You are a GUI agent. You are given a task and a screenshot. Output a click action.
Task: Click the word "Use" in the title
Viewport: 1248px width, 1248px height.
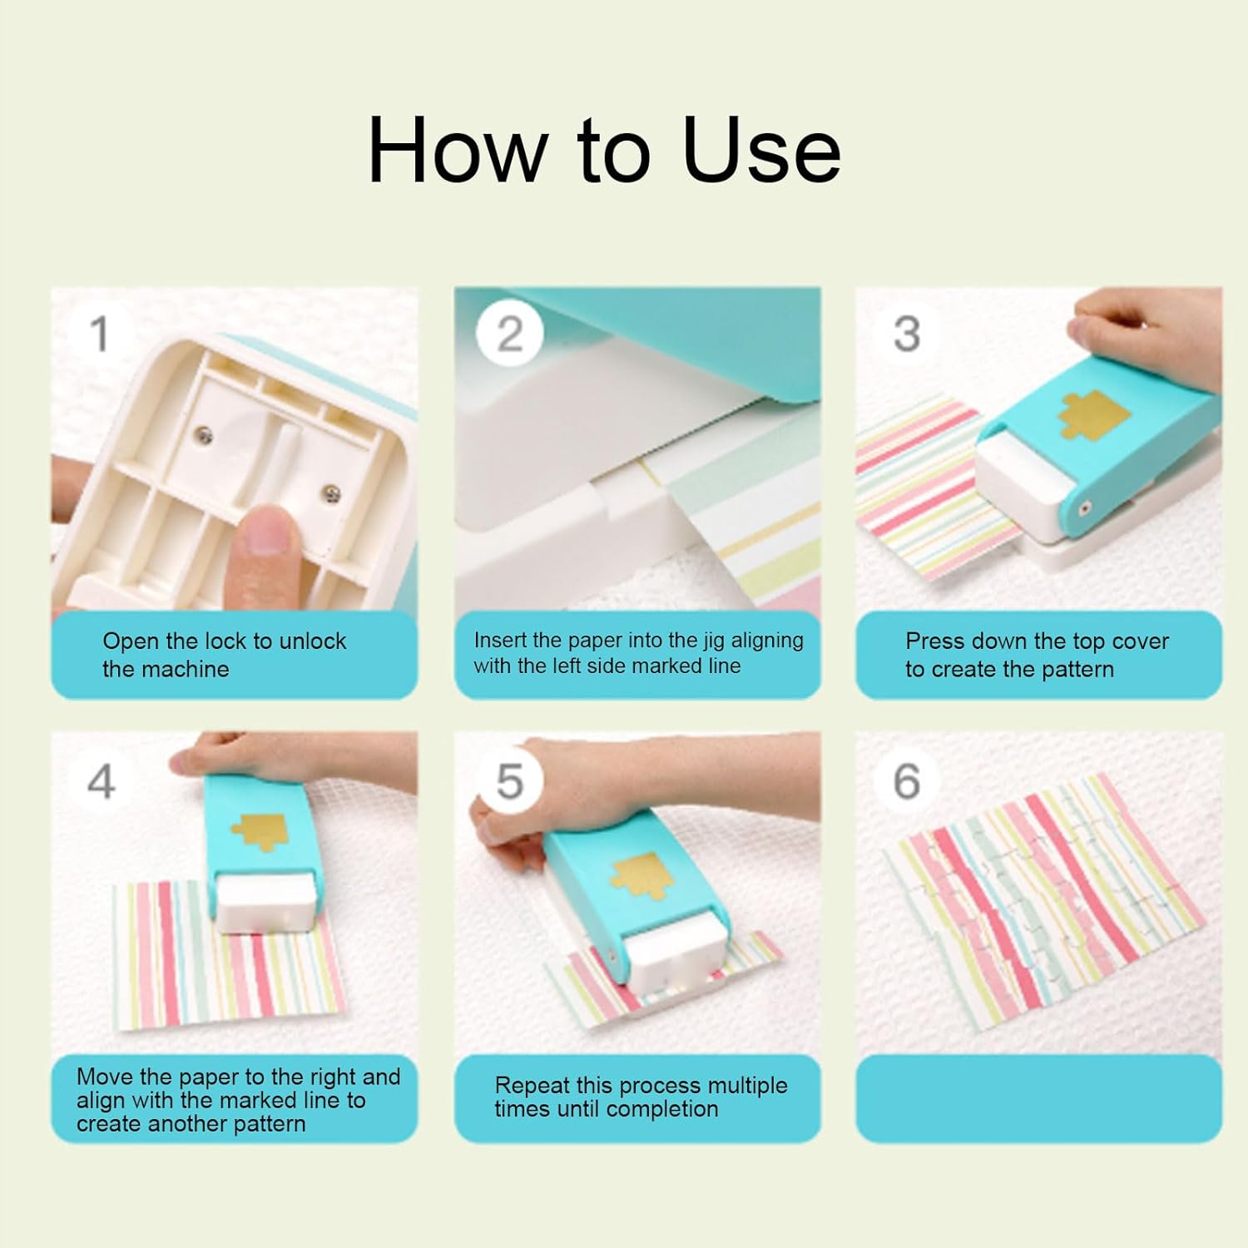tap(761, 150)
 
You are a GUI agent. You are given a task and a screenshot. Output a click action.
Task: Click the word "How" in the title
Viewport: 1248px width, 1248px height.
tap(458, 150)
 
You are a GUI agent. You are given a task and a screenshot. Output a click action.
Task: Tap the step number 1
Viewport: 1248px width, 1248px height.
tap(100, 334)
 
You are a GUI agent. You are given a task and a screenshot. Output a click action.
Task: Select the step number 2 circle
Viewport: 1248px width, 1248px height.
tap(510, 334)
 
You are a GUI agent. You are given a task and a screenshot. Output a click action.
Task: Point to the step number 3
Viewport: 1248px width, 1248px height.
tap(907, 334)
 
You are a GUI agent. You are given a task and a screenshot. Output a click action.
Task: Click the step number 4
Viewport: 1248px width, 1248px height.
tap(102, 781)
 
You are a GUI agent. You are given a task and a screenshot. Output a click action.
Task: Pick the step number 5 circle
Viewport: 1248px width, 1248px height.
tap(510, 781)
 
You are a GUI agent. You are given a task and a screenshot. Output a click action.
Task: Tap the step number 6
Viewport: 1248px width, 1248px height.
tap(907, 781)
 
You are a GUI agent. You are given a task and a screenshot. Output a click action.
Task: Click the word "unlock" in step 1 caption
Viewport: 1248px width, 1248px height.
tap(313, 641)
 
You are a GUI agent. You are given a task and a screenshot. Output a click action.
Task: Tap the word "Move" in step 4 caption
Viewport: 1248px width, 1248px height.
tap(105, 1077)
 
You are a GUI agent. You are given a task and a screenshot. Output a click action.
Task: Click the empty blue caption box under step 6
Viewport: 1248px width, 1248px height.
tap(1038, 1098)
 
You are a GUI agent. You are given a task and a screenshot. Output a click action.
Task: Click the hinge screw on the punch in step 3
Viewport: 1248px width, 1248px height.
tap(1084, 508)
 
